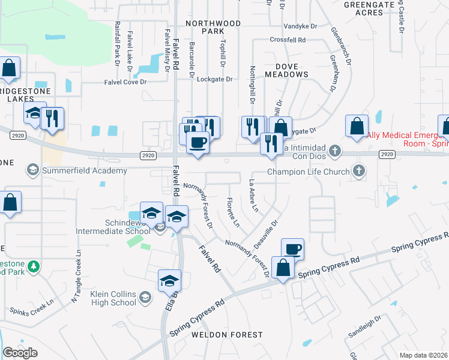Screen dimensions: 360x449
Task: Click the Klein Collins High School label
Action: (x=113, y=298)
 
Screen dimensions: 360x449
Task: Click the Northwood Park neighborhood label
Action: (x=213, y=27)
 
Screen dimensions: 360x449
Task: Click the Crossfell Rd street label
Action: (x=288, y=40)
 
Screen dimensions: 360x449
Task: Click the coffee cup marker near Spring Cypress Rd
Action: (x=292, y=248)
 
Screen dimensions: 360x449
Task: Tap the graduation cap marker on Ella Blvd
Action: (x=170, y=280)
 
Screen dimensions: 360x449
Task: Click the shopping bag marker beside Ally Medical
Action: (x=357, y=127)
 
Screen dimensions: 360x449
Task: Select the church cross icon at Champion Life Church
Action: (x=358, y=171)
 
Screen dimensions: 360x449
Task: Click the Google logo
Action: (x=20, y=352)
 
